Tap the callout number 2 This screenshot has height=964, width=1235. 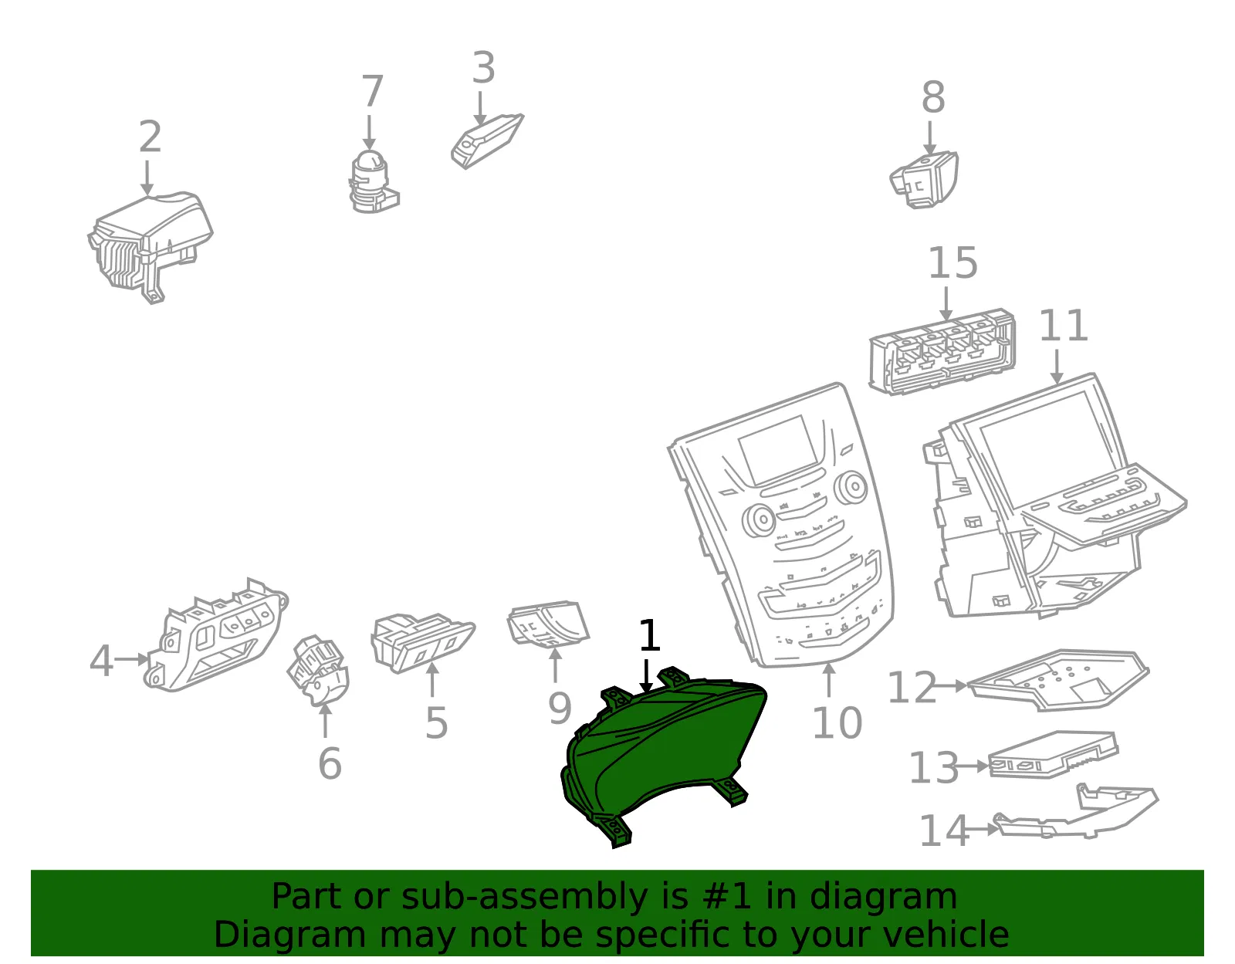(150, 137)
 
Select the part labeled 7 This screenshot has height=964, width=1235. (374, 182)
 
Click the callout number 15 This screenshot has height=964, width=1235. (952, 263)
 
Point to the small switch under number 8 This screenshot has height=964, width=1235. (924, 180)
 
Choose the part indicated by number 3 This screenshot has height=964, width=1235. (487, 141)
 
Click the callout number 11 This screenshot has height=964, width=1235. (1063, 326)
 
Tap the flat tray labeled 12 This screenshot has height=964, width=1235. (1058, 680)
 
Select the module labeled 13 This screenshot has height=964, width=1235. (1053, 754)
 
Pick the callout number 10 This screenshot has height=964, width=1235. (837, 723)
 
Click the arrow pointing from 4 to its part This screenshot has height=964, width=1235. (132, 660)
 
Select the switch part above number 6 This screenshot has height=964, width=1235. (318, 671)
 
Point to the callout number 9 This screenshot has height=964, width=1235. (560, 709)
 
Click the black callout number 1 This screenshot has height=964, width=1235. (650, 635)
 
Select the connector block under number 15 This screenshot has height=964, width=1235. (942, 352)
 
